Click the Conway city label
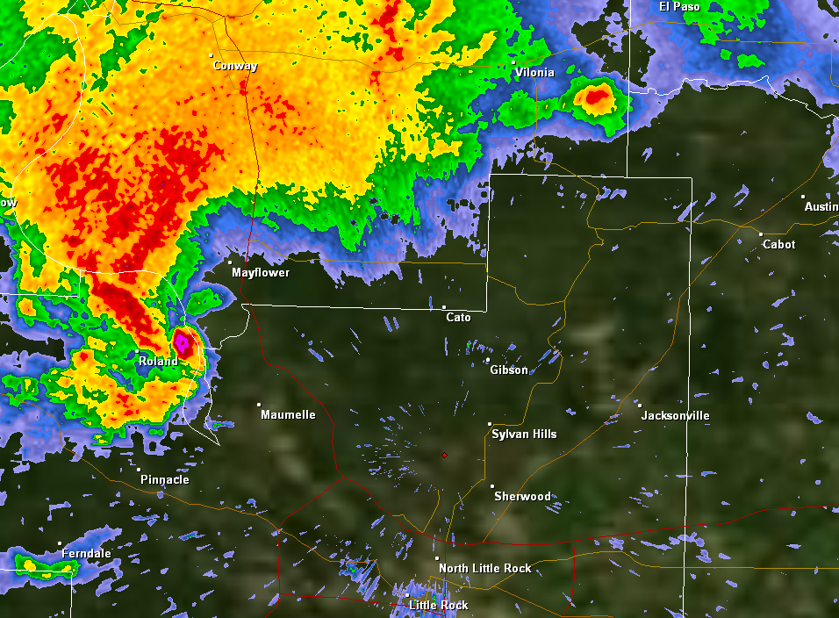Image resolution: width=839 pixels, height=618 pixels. [x=235, y=66]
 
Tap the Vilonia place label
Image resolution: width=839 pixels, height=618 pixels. [x=534, y=72]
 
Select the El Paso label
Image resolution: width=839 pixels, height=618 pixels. [x=680, y=6]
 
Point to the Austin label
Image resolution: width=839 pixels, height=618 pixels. [x=821, y=206]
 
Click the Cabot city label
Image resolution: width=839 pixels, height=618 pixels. [x=778, y=244]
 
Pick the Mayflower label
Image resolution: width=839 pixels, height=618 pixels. [x=261, y=272]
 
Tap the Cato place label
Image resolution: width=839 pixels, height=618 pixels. [x=458, y=317]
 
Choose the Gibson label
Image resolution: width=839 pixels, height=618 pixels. [x=509, y=370]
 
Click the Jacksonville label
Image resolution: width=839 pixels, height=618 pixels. [x=675, y=415]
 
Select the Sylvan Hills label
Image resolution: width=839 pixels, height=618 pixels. [x=524, y=434]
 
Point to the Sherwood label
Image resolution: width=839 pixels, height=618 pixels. [x=522, y=496]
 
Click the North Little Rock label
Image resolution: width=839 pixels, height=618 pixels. [x=484, y=568]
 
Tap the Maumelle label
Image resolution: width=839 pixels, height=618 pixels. [x=288, y=414]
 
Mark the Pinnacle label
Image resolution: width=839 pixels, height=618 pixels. [x=164, y=479]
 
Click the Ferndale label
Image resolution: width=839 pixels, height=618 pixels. [x=86, y=553]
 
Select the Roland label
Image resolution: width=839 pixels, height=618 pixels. [x=158, y=361]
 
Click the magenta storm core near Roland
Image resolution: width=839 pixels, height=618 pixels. [x=183, y=341]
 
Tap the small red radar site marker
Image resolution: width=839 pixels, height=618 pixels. [x=444, y=455]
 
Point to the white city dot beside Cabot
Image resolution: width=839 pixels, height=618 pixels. [x=761, y=234]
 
